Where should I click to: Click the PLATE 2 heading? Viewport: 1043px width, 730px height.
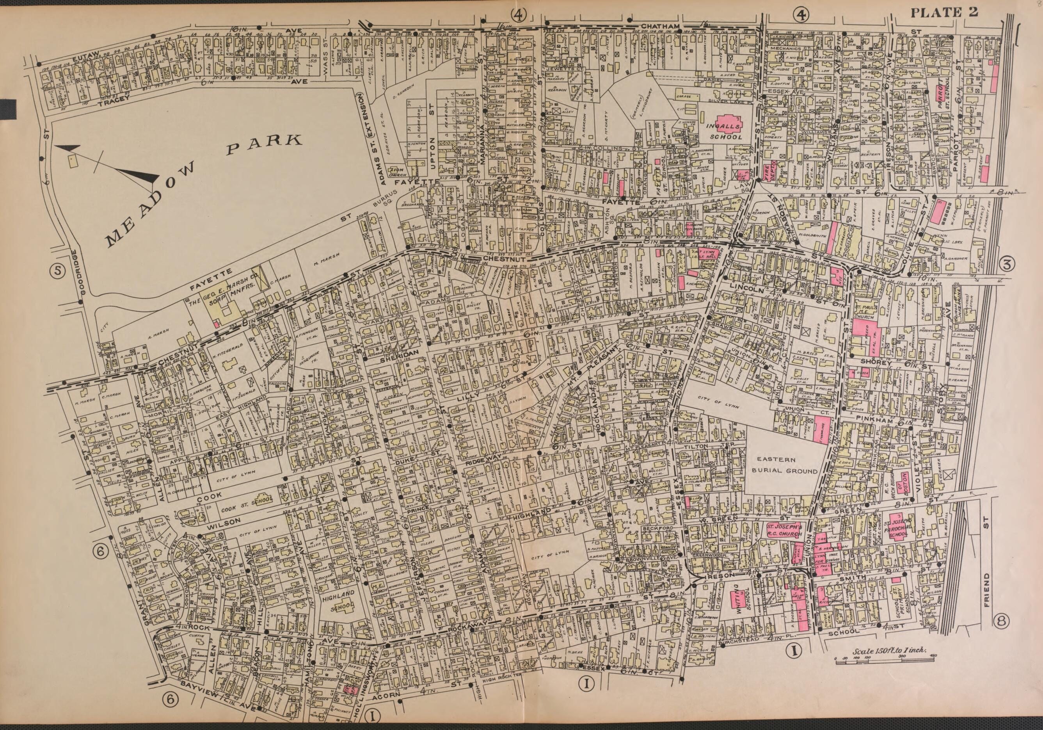(943, 12)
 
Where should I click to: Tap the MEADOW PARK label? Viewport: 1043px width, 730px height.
(204, 191)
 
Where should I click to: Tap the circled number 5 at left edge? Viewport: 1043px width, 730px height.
(58, 271)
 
